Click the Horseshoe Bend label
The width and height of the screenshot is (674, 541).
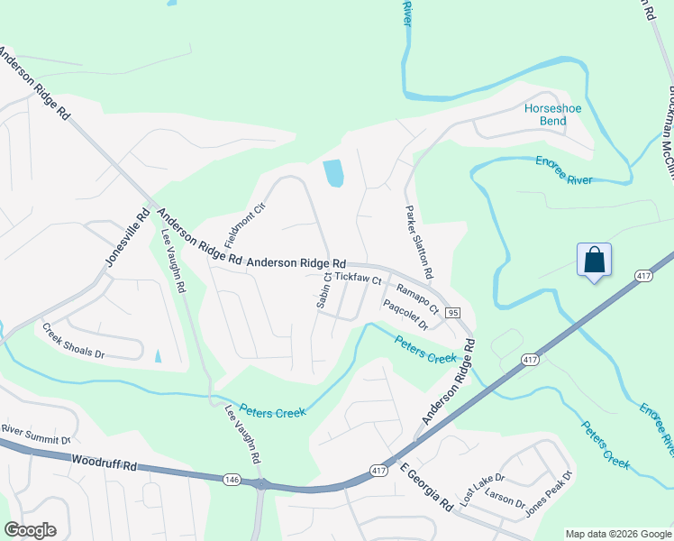pyautogui.click(x=553, y=115)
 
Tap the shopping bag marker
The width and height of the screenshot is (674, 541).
pyautogui.click(x=595, y=261)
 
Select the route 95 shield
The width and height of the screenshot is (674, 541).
pyautogui.click(x=453, y=312)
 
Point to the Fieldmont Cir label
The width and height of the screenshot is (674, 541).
pyautogui.click(x=234, y=225)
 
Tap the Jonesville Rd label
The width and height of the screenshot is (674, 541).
pyautogui.click(x=114, y=239)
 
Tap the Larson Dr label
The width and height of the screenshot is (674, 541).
pyautogui.click(x=504, y=501)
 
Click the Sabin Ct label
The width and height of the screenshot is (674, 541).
pyautogui.click(x=323, y=291)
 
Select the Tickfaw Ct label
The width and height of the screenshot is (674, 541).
pyautogui.click(x=359, y=280)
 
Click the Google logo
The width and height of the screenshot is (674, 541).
pyautogui.click(x=30, y=530)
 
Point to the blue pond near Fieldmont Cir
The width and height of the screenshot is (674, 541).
pyautogui.click(x=333, y=173)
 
